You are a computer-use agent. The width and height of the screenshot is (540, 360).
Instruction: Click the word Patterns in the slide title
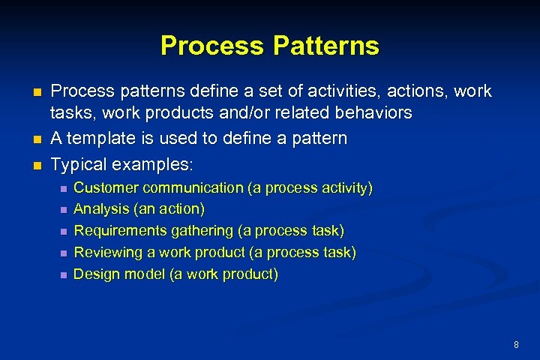[x=326, y=46]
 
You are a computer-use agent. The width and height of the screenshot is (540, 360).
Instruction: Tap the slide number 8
[x=516, y=344]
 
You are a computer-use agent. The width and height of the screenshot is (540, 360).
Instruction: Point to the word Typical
[x=77, y=163]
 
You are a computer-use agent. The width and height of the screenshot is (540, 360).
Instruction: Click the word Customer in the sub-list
[x=106, y=187]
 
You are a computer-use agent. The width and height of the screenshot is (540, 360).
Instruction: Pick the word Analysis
[x=100, y=208]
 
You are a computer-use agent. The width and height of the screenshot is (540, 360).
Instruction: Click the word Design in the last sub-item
[x=95, y=274]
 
